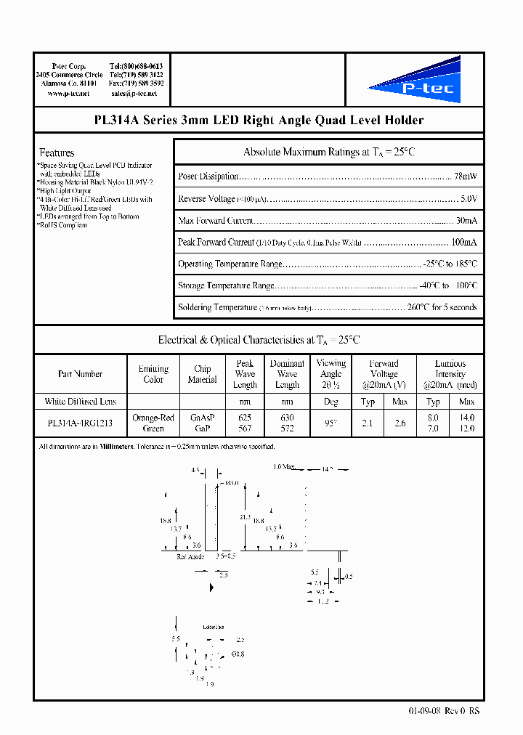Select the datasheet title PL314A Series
click(259, 121)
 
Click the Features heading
click(57, 153)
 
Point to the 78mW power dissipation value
click(466, 176)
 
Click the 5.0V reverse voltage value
click(469, 198)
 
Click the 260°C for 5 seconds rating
click(442, 307)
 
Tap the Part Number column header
click(80, 374)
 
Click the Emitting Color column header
click(153, 374)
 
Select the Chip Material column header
click(202, 374)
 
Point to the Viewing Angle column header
click(331, 374)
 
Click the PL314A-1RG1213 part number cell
click(80, 423)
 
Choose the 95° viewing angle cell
click(331, 423)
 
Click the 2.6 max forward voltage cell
click(400, 423)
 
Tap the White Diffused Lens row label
click(80, 402)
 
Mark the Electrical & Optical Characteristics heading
click(259, 340)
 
